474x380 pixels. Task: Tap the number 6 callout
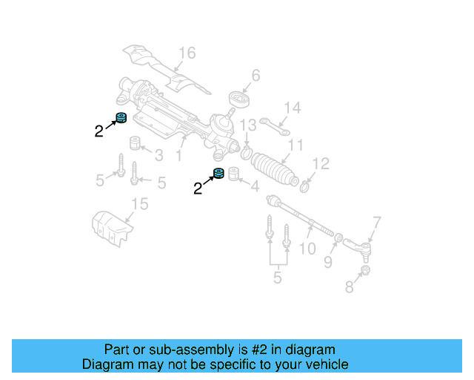click(256, 76)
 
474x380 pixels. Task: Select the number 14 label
click(293, 108)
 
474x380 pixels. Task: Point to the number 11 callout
click(296, 145)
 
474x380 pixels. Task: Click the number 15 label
click(140, 204)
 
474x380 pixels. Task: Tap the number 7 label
click(376, 221)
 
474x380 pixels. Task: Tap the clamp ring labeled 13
click(245, 154)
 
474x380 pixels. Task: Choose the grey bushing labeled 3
click(136, 143)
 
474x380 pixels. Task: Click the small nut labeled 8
click(364, 274)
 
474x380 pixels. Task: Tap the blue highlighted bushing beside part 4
click(218, 176)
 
